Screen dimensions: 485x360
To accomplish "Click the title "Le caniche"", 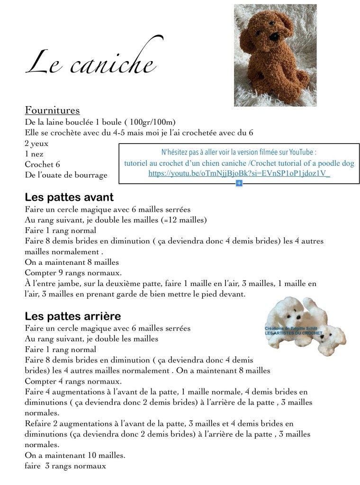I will click(90, 64).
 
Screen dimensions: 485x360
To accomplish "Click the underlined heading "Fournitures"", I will click(52, 110).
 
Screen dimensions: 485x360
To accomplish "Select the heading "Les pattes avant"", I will click(69, 197).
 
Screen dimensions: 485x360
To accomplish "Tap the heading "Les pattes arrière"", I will click(73, 315).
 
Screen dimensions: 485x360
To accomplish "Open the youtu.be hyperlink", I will click(239, 174).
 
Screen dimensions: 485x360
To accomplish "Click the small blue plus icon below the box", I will click(239, 183).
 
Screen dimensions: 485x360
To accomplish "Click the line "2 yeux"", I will click(36, 143).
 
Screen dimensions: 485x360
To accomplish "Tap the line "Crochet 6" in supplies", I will click(43, 164).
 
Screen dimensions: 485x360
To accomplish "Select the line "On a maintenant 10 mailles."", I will click(75, 456).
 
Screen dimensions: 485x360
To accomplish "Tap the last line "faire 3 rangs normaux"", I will click(65, 466).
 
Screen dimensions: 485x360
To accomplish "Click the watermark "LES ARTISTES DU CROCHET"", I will click(294, 333).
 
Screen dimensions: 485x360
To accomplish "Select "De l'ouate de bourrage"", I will click(66, 175).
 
